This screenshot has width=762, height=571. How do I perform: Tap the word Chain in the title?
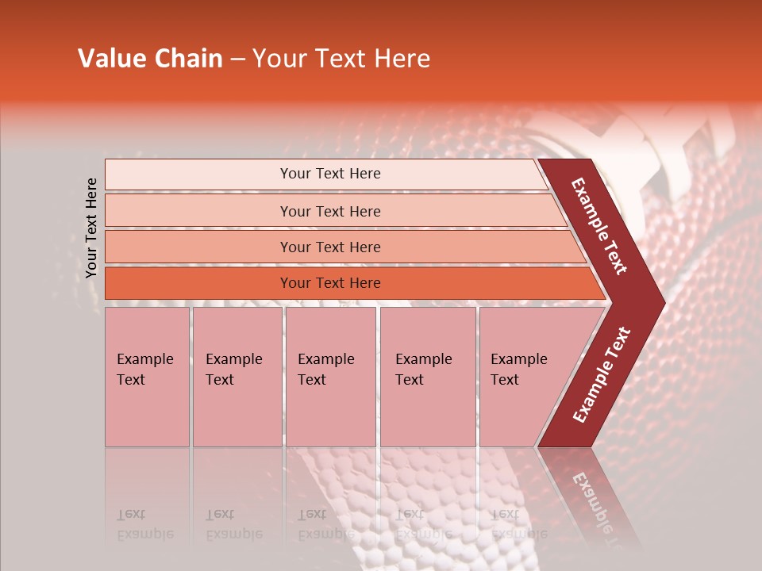[x=189, y=59]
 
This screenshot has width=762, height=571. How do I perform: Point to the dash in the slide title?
[x=237, y=59]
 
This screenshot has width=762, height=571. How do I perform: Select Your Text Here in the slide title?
[x=341, y=59]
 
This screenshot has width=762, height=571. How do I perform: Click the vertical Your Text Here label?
[x=91, y=228]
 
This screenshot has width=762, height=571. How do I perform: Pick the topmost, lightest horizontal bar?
[x=325, y=174]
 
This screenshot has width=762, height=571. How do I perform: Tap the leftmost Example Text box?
[x=147, y=377]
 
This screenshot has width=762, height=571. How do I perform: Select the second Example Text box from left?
[x=237, y=377]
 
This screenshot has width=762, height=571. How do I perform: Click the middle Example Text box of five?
[x=330, y=377]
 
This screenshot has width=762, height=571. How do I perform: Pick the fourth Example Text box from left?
[x=427, y=377]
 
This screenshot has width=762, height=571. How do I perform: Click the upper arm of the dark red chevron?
[x=599, y=226]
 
